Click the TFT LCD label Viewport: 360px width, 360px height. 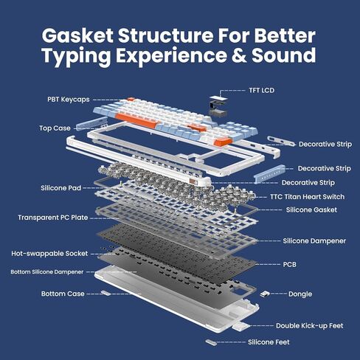click(x=261, y=91)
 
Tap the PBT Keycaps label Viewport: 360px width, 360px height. click(x=69, y=100)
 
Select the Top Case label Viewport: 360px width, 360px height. click(x=55, y=128)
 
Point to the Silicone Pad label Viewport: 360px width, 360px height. click(x=61, y=188)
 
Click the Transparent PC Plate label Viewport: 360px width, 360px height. click(x=53, y=218)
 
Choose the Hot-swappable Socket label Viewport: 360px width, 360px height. click(x=49, y=254)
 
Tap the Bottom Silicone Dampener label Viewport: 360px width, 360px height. click(x=47, y=272)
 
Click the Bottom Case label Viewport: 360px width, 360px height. click(x=63, y=294)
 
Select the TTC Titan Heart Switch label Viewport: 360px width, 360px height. click(x=308, y=197)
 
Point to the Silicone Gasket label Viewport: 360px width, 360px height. click(x=311, y=210)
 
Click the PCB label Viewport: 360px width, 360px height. click(x=290, y=265)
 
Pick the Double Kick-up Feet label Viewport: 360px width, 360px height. click(x=310, y=326)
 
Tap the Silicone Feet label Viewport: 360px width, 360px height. click(x=269, y=342)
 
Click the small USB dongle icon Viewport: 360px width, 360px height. click(x=265, y=294)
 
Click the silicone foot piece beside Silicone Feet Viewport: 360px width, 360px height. click(x=211, y=342)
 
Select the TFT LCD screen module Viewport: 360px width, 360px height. click(x=218, y=105)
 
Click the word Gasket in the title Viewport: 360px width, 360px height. click(x=77, y=35)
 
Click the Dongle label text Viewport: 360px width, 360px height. click(x=300, y=294)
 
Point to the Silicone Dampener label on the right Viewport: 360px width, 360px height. click(x=314, y=241)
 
